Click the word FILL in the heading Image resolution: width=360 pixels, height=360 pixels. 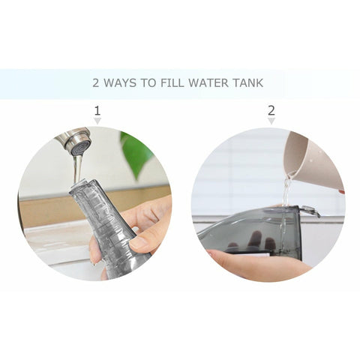point(172,82)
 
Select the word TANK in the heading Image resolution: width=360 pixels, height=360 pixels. point(248,82)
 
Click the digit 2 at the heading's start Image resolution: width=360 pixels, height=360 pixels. point(96,82)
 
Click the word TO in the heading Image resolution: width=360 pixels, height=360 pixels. point(149,82)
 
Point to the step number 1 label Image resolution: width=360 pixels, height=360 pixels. point(97,111)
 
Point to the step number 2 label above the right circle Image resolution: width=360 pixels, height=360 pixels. point(271,111)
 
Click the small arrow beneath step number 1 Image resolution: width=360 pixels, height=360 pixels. point(97,121)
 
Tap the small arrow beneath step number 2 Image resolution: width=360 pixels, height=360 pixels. point(271,121)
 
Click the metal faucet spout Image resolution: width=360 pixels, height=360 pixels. point(73,140)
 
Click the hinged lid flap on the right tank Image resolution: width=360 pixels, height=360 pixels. point(310,211)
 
